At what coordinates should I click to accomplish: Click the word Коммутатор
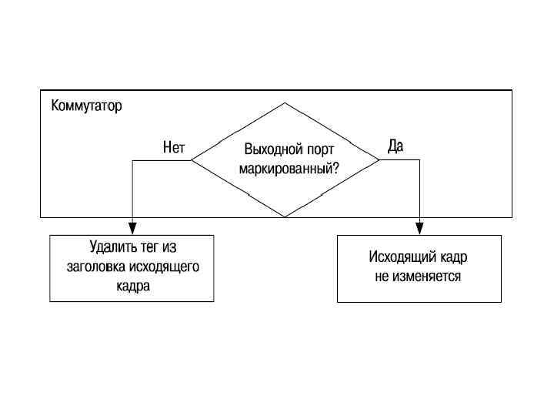tap(86, 106)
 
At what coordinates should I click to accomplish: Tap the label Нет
tap(174, 147)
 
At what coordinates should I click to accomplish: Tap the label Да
tap(395, 146)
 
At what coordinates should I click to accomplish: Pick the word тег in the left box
tap(149, 248)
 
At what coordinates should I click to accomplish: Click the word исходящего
tap(165, 267)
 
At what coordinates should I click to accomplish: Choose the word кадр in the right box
tap(452, 257)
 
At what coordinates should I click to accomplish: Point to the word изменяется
tap(428, 276)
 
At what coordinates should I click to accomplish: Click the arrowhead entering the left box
tap(132, 229)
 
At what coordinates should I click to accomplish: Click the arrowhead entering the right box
tap(419, 229)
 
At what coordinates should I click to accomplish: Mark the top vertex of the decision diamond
tap(285, 103)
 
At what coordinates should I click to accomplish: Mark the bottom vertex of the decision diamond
tap(285, 217)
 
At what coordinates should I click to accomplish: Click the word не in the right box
tap(382, 276)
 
